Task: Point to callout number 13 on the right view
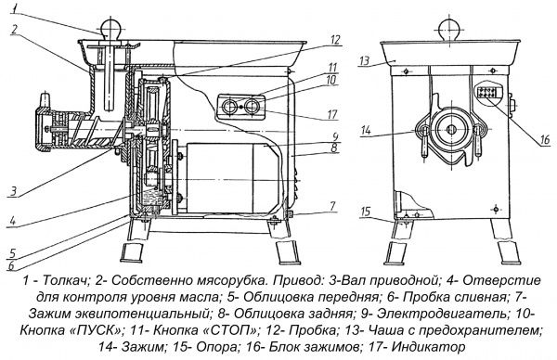point(364,59)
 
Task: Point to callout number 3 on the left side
point(8,191)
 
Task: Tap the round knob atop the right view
point(455,20)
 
